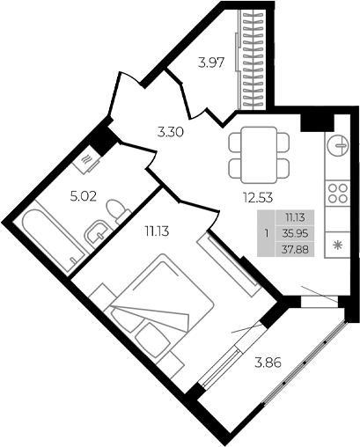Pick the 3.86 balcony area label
point(268,362)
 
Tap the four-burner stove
point(337,194)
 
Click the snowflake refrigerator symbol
point(337,243)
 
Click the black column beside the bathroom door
point(106,138)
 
